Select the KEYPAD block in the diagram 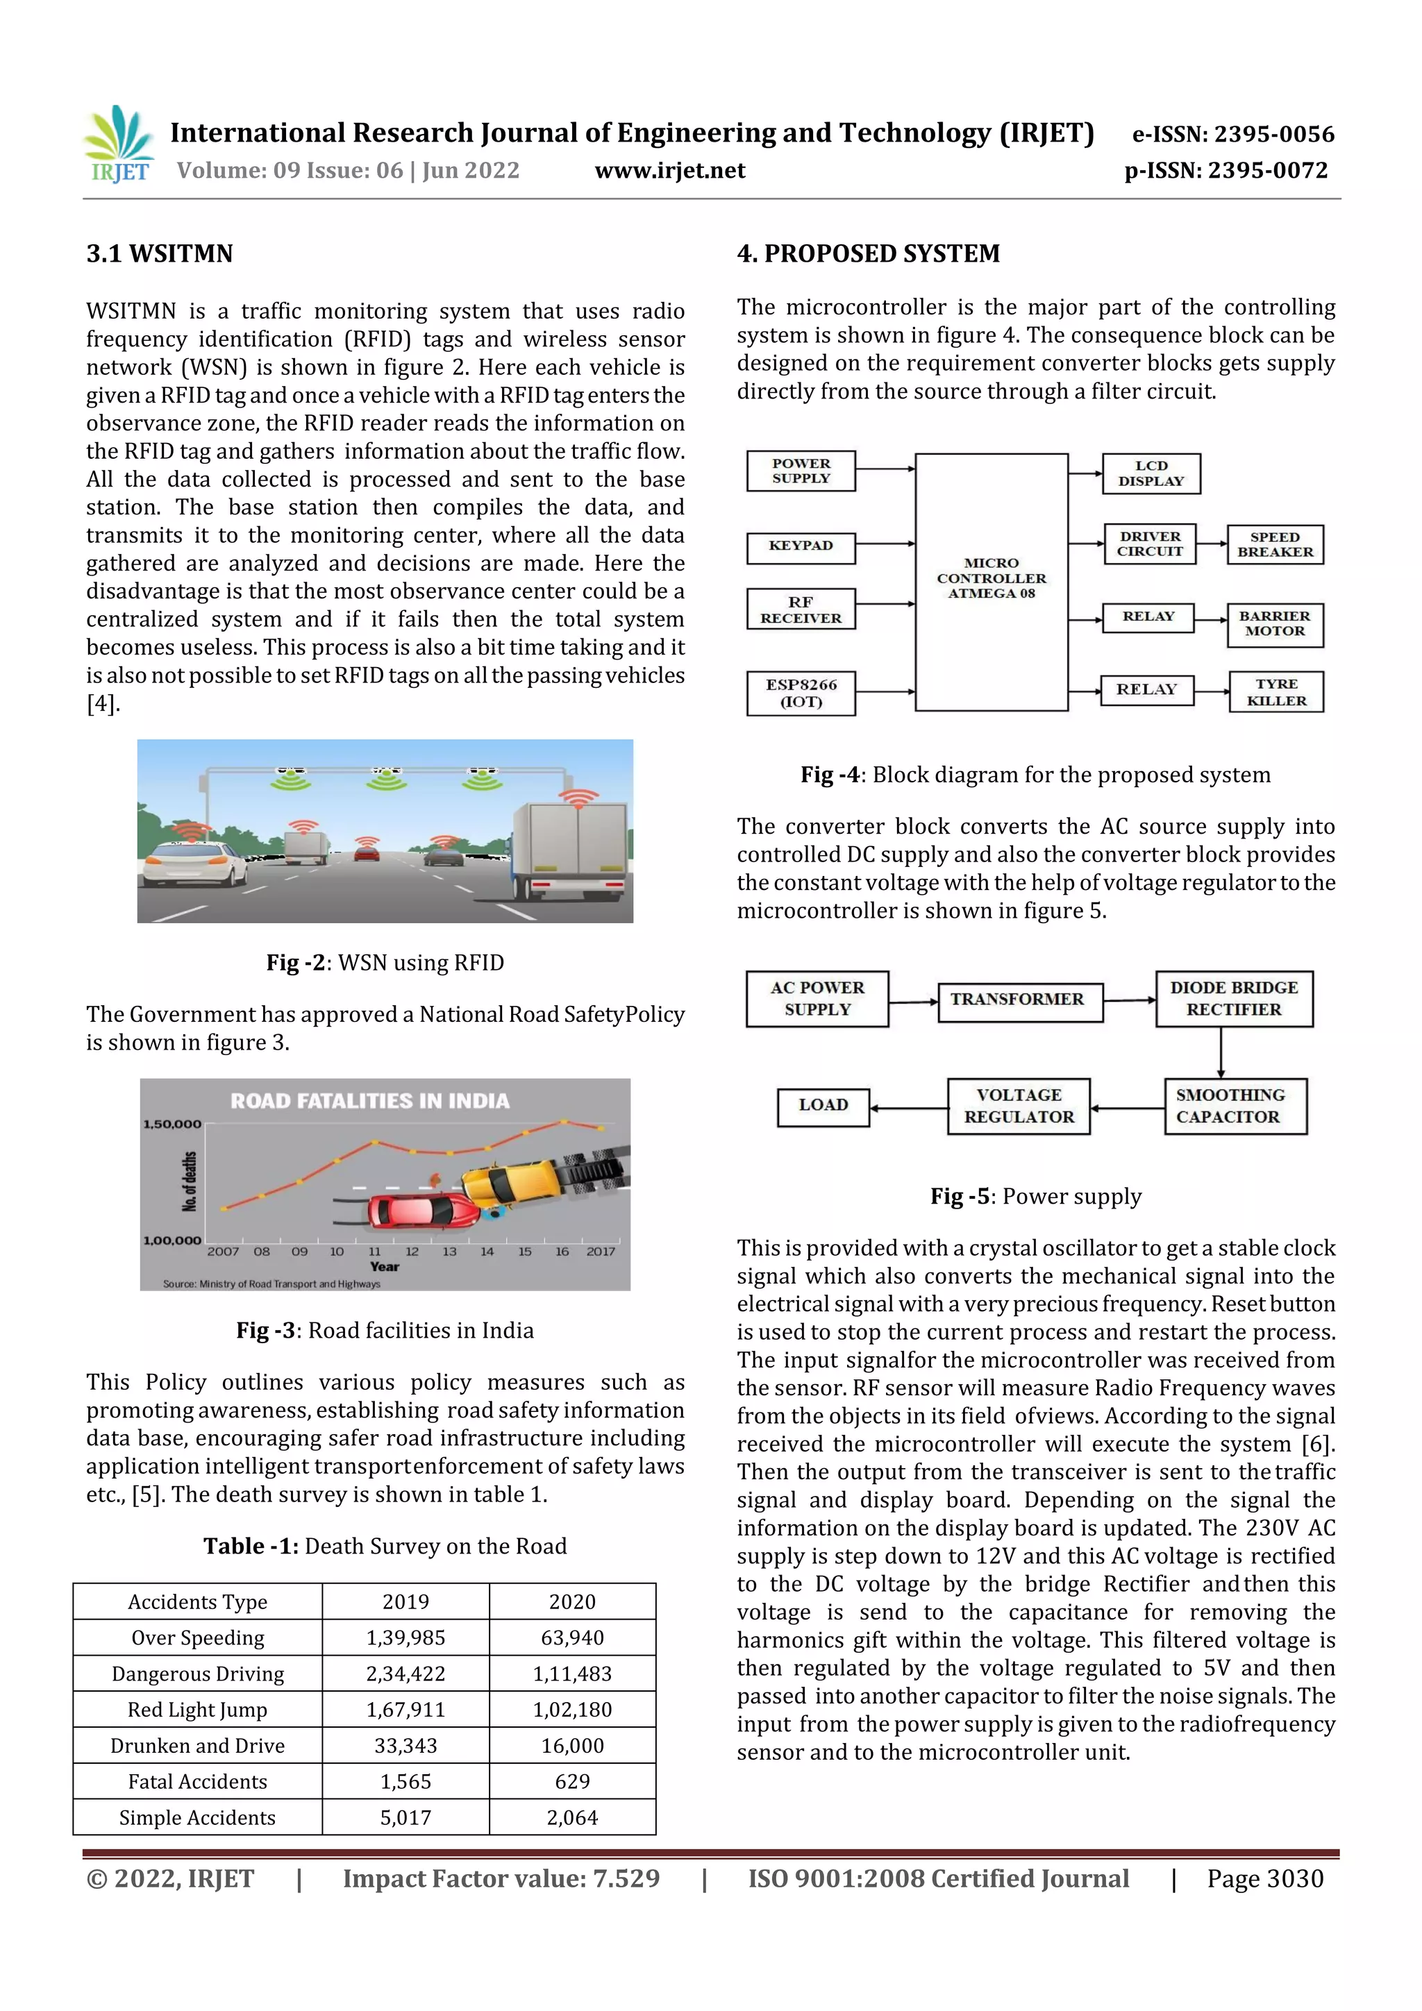[800, 546]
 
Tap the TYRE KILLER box [1275, 692]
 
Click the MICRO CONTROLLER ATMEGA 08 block [991, 579]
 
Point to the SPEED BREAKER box [1275, 545]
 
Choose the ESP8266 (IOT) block [800, 693]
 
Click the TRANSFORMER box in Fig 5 [1017, 1000]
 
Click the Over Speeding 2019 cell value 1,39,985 [405, 1637]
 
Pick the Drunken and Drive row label [197, 1746]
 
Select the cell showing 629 [572, 1781]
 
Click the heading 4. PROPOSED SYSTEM [867, 254]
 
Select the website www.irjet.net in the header [669, 171]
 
